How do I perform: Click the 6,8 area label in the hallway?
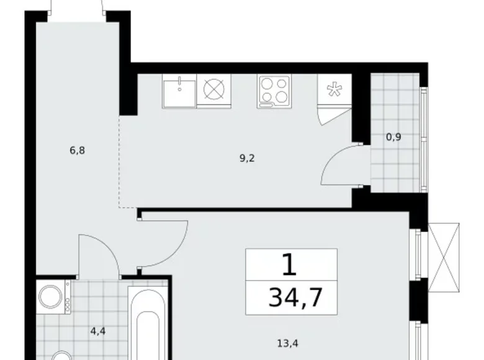tap(77, 150)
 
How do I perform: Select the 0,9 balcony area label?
tap(393, 137)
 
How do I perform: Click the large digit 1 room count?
tap(289, 266)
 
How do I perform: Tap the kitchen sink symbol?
tap(179, 91)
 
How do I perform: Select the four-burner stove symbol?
tap(274, 91)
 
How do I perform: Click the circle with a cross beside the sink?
tap(213, 91)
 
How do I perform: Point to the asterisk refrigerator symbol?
tap(334, 91)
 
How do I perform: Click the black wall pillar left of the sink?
tap(128, 90)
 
